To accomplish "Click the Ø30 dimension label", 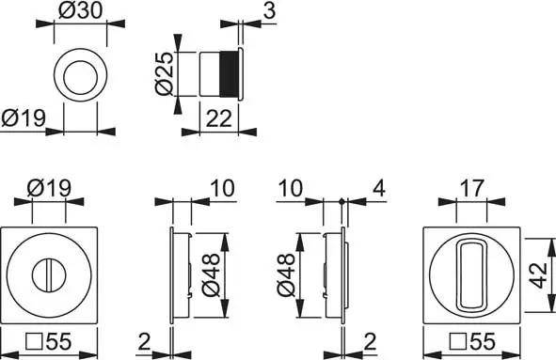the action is [x=81, y=10].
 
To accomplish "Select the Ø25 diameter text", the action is [x=165, y=73].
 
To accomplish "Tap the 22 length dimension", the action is [x=218, y=118].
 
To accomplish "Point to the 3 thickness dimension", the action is [x=269, y=10].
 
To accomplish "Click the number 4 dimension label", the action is [x=379, y=188].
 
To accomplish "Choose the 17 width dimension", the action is [x=472, y=188].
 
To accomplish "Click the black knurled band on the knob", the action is [x=229, y=73].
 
